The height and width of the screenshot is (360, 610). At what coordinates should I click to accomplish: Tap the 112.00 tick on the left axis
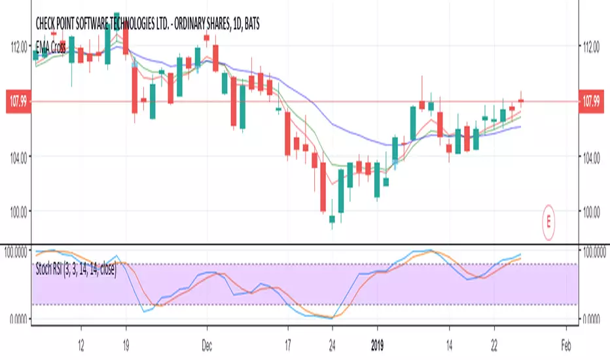coord(17,46)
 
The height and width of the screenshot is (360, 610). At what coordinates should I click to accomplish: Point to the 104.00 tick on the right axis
coord(592,156)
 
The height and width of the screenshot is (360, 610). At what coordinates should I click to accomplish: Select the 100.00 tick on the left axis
coord(17,211)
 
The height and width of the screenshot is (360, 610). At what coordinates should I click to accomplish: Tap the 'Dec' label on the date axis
coord(207,343)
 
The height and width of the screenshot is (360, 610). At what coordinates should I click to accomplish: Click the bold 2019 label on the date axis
coord(377,343)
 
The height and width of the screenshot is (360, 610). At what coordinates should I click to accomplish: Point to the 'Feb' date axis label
coord(567,343)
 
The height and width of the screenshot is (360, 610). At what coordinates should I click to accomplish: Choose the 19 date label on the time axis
coord(126,343)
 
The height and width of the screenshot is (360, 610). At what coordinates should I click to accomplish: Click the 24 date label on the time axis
coord(332,343)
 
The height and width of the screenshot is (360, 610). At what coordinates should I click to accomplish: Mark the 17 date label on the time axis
coord(287,343)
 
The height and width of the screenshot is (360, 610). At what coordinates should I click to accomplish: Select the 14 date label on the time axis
coord(449,343)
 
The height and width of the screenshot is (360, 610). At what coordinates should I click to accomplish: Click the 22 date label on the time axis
coord(495,343)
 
